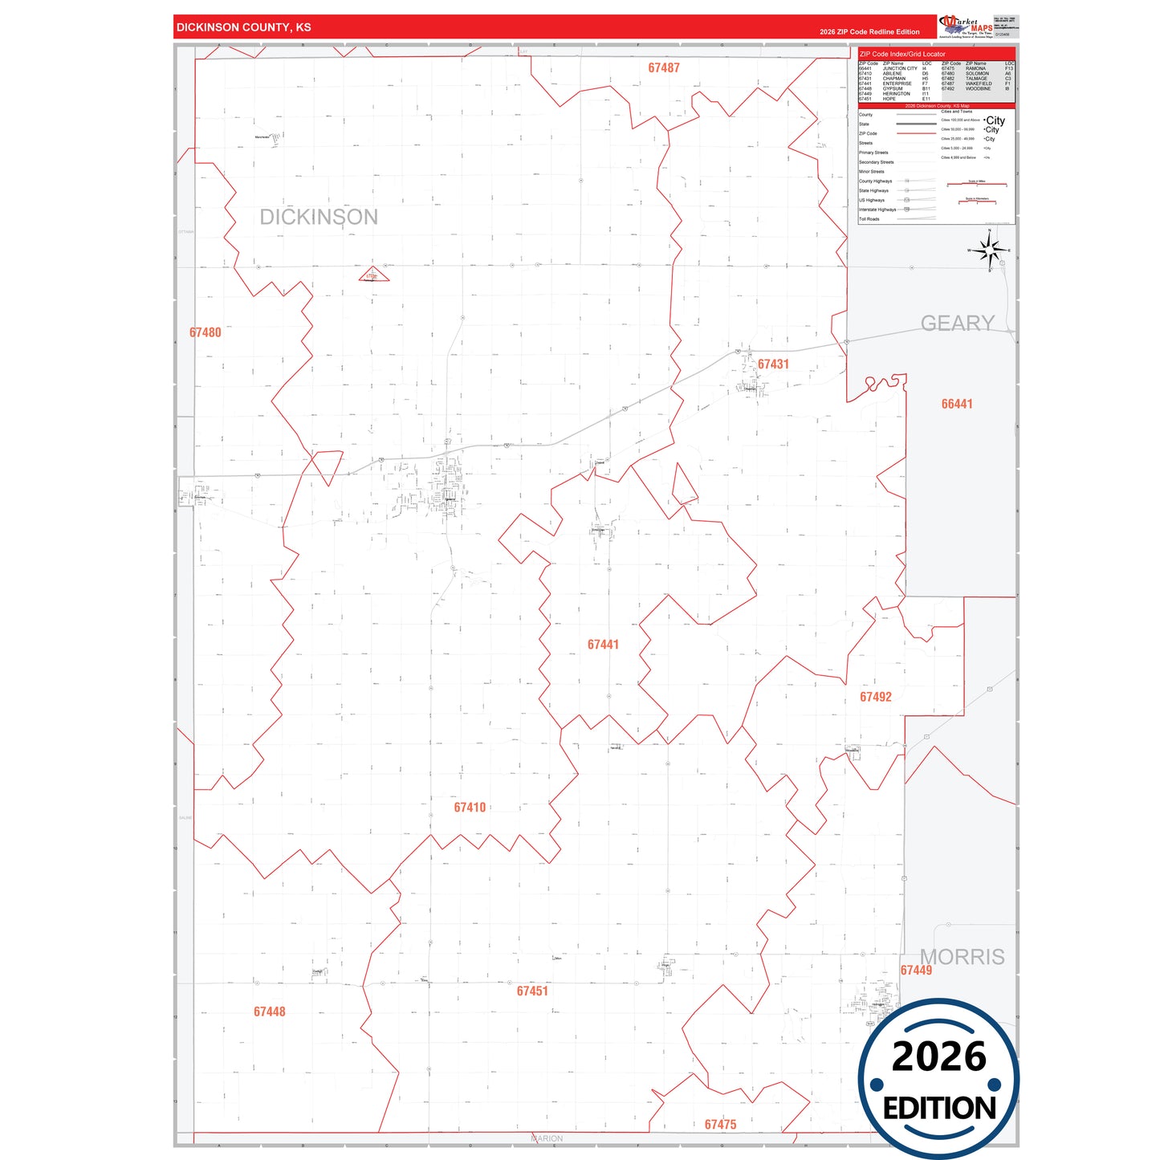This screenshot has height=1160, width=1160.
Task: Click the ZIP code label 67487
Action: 664,68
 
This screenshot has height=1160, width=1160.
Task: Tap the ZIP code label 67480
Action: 206,332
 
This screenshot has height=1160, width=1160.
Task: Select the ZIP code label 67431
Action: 773,364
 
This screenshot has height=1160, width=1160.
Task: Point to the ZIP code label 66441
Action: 957,404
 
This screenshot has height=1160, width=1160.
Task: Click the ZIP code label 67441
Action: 603,645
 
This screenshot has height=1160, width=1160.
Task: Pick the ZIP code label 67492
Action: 876,697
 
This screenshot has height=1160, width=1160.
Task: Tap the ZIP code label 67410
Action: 470,808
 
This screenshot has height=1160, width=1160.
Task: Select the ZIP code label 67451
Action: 532,991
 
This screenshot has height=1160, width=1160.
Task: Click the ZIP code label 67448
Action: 270,1011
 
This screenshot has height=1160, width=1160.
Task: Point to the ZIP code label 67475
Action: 720,1125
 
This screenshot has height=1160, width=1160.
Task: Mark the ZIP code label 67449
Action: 916,971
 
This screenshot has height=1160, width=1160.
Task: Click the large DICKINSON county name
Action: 319,218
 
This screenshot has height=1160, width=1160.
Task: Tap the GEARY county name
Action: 958,324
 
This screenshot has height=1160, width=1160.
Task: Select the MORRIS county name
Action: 963,957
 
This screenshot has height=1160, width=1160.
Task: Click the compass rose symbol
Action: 991,251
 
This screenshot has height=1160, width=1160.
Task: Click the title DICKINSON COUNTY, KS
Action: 244,27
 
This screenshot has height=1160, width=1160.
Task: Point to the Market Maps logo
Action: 967,26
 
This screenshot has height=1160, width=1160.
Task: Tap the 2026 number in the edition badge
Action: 939,1056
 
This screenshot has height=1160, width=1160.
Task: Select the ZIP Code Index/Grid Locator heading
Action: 902,55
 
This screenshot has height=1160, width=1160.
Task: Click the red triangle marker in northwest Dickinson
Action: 373,275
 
